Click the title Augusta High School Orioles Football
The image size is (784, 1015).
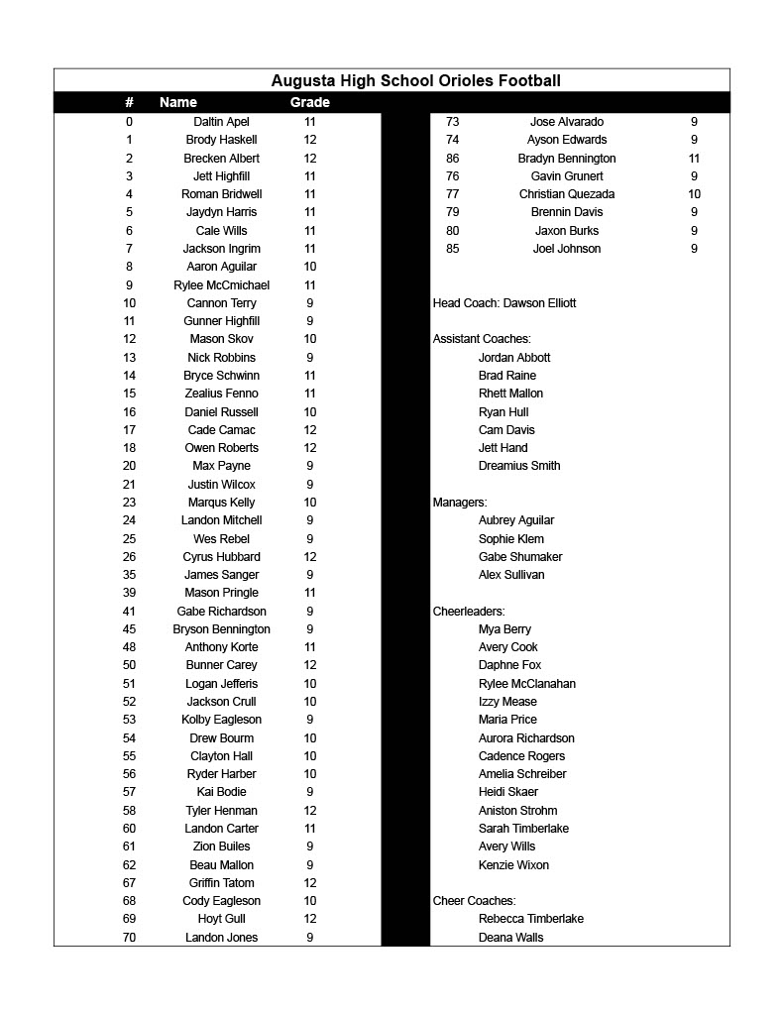(x=415, y=81)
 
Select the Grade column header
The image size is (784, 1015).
(x=309, y=102)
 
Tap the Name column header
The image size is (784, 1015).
(x=178, y=102)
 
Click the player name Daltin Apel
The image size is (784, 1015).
(x=221, y=122)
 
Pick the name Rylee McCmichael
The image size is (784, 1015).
(x=221, y=285)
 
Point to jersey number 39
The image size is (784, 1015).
(x=129, y=593)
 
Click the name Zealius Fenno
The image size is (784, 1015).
(x=221, y=394)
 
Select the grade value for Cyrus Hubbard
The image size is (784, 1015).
(x=310, y=557)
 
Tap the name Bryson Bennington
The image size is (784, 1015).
(x=221, y=629)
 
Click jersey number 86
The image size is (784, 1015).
(x=452, y=159)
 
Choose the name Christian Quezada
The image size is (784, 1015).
(x=567, y=194)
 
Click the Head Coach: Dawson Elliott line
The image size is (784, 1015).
(x=504, y=303)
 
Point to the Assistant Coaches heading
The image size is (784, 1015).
(x=482, y=339)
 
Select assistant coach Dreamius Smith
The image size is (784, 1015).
(x=519, y=466)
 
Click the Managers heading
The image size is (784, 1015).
(x=460, y=503)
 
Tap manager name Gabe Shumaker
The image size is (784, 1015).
(x=520, y=557)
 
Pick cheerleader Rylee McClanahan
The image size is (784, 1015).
(x=527, y=684)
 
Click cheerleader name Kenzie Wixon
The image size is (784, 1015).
(x=513, y=865)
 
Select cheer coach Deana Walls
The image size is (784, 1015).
(x=510, y=938)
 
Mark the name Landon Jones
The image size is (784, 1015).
(x=221, y=938)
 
